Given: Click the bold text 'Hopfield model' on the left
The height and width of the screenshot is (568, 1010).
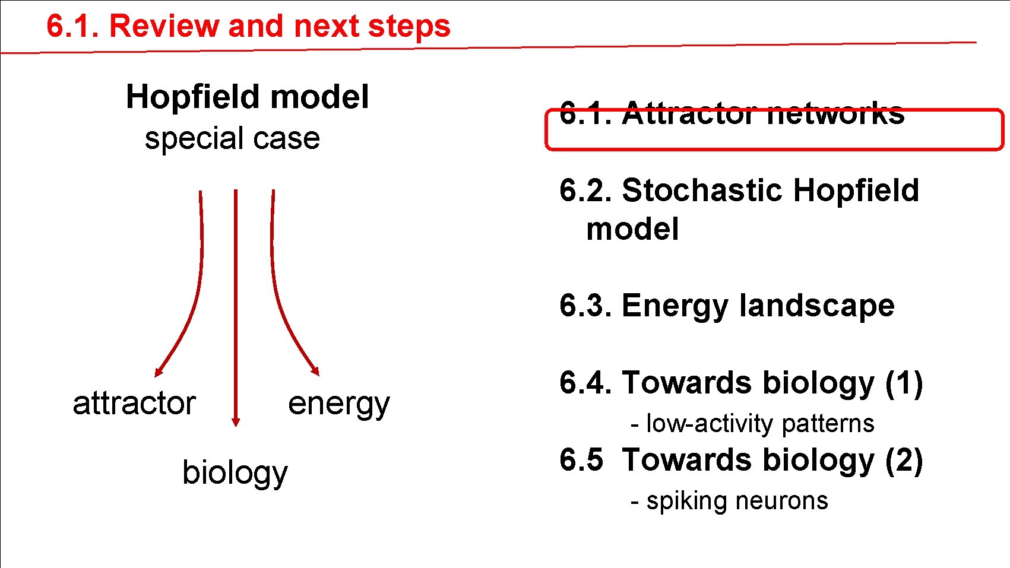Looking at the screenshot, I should pyautogui.click(x=247, y=97).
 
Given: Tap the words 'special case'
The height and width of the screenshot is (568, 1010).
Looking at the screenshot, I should pyautogui.click(x=232, y=138).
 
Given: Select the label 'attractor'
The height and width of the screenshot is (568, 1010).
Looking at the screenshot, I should pyautogui.click(x=134, y=404).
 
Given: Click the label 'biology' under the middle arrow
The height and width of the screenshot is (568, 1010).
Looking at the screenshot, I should pyautogui.click(x=235, y=473).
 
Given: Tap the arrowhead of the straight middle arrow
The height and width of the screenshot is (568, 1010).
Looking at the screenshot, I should pyautogui.click(x=236, y=421).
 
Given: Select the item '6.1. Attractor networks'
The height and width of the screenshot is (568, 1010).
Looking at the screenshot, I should pyautogui.click(x=732, y=113).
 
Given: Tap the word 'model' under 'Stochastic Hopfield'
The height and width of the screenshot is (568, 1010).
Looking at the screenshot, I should pyautogui.click(x=632, y=230).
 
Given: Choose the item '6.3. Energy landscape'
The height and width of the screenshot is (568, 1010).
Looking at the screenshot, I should pyautogui.click(x=726, y=306).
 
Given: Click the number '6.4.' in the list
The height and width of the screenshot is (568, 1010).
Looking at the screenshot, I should pyautogui.click(x=585, y=383).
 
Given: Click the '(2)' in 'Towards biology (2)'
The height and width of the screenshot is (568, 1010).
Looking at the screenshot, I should pyautogui.click(x=904, y=461).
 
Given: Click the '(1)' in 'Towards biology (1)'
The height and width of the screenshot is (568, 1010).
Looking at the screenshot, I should pyautogui.click(x=904, y=383).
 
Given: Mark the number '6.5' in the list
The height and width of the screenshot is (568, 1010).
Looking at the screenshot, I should pyautogui.click(x=581, y=461).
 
